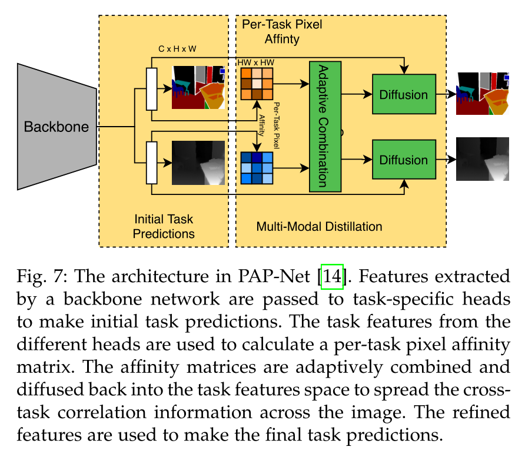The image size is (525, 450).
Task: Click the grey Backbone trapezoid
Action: pyautogui.click(x=56, y=127)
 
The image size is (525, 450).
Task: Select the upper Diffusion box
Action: pyautogui.click(x=403, y=94)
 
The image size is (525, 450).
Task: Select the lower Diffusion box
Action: pyautogui.click(x=403, y=160)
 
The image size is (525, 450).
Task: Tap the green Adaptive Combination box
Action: pyautogui.click(x=325, y=125)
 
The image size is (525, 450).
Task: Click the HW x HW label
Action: pyautogui.click(x=255, y=62)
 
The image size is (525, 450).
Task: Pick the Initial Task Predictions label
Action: pyautogui.click(x=163, y=226)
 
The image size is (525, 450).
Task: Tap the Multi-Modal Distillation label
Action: pyautogui.click(x=320, y=226)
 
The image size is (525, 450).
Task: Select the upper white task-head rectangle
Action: pyautogui.click(x=152, y=89)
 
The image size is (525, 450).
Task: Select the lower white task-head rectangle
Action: pyautogui.click(x=152, y=163)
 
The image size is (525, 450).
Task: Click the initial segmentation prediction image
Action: pyautogui.click(x=198, y=87)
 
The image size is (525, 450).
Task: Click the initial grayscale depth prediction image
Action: pyautogui.click(x=198, y=163)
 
